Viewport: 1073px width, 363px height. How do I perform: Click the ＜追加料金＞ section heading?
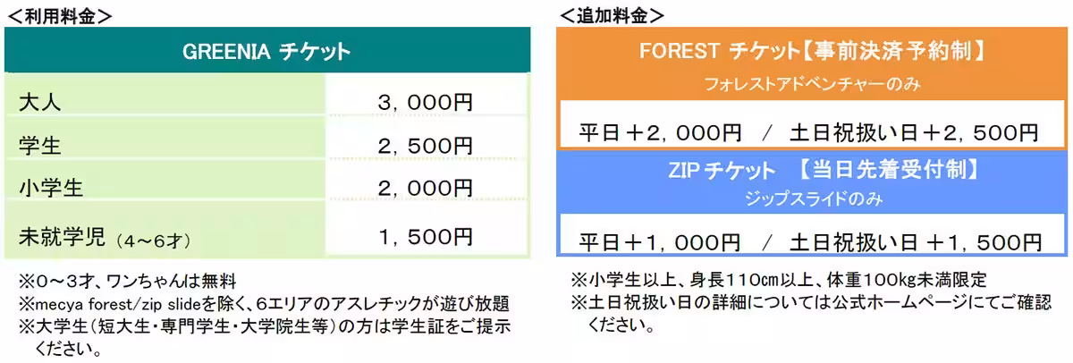click(612, 15)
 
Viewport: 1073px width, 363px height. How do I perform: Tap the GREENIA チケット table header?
click(266, 51)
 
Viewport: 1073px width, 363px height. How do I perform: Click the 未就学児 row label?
click(61, 237)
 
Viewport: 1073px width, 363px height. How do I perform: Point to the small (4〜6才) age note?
click(152, 240)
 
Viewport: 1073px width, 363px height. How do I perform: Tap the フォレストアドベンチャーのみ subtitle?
click(813, 86)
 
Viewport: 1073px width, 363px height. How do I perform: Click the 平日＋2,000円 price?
click(660, 133)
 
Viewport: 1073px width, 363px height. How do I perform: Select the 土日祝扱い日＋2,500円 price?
click(913, 133)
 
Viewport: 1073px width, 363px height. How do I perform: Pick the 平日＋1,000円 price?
click(660, 242)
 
